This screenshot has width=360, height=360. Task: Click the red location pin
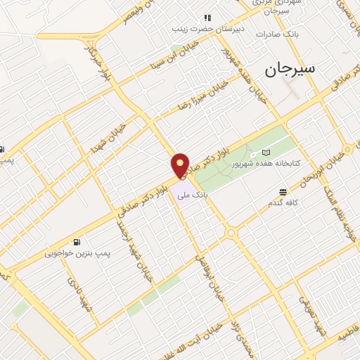click(181, 165)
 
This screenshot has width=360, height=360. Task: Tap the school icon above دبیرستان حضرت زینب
click(207, 18)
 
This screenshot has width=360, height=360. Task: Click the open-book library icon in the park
click(266, 152)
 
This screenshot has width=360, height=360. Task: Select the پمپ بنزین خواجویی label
click(76, 251)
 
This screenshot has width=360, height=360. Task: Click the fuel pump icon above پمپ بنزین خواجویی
click(76, 240)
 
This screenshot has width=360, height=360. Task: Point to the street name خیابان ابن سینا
click(169, 60)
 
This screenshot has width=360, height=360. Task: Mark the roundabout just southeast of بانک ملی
click(230, 233)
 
